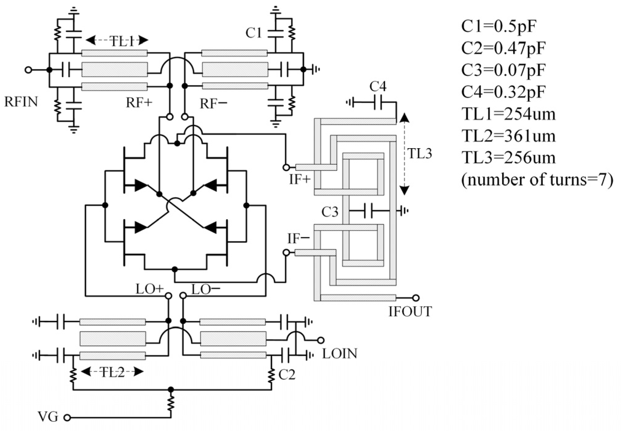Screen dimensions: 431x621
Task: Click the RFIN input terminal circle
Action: click(28, 70)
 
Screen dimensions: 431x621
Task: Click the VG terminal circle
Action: click(67, 418)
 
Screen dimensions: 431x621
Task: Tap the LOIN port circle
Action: click(320, 340)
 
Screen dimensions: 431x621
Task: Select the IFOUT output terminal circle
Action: click(416, 298)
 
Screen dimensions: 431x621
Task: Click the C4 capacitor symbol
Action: click(378, 102)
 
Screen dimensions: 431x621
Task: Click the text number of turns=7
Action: click(537, 180)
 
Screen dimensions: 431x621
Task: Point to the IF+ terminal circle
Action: click(286, 168)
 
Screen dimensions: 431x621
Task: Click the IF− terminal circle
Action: click(286, 252)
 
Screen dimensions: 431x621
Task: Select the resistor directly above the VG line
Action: click(171, 403)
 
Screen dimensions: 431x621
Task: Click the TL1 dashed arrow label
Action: click(122, 41)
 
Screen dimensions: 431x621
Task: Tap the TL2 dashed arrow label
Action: click(112, 372)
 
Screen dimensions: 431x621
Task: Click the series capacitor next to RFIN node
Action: click(66, 70)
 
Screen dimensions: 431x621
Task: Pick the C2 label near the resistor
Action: click(287, 375)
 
